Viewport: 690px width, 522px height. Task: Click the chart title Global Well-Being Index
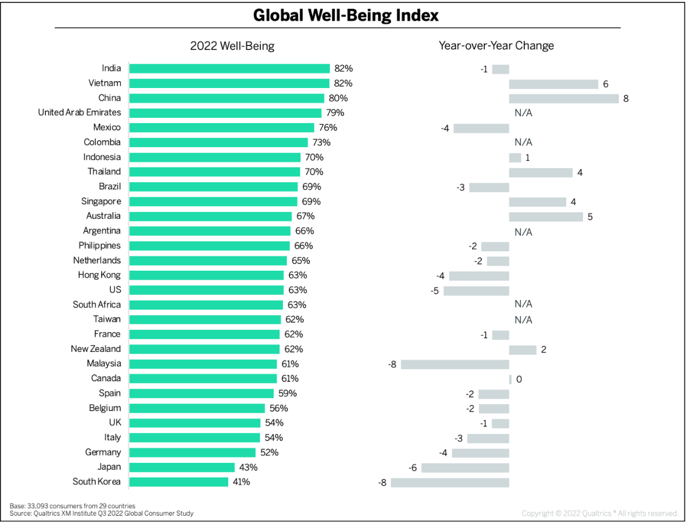pos(346,15)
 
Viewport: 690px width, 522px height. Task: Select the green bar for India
pos(229,68)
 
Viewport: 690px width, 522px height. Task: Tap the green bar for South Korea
pos(179,482)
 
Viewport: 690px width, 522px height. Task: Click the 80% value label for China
pos(338,98)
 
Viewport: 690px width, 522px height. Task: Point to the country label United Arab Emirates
pos(79,113)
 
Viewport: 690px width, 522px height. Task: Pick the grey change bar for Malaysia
pos(455,364)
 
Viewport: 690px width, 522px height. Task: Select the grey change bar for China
pos(563,98)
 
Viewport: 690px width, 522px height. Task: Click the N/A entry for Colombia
pos(523,143)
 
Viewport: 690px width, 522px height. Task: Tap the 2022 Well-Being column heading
pos(232,46)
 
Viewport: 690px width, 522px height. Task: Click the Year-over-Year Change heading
pos(496,46)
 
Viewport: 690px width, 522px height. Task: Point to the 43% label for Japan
pos(248,467)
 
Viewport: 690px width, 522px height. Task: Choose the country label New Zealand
pos(96,349)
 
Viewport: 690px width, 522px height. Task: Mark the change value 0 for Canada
pos(519,379)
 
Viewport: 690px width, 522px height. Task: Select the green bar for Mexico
pos(222,128)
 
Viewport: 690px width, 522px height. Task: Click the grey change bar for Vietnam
pos(554,84)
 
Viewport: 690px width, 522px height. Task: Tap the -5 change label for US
pos(435,291)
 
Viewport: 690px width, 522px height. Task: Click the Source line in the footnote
pos(102,513)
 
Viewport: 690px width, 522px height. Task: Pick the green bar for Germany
pos(193,452)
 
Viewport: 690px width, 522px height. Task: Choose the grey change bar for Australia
pos(546,217)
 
